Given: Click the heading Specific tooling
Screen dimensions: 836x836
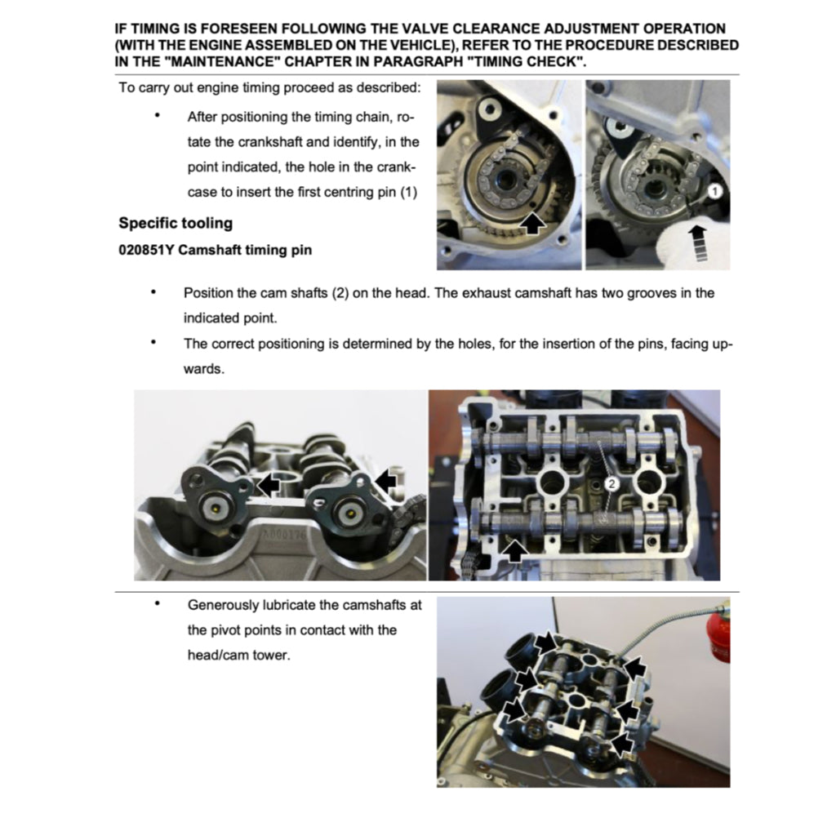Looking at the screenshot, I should point(176,223).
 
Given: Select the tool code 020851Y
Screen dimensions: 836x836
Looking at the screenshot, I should point(146,250).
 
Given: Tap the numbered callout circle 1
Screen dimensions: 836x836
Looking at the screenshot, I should point(712,191).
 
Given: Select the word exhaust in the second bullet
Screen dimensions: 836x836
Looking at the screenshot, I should point(478,293).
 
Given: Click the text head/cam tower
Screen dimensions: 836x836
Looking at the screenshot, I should point(238,655).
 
